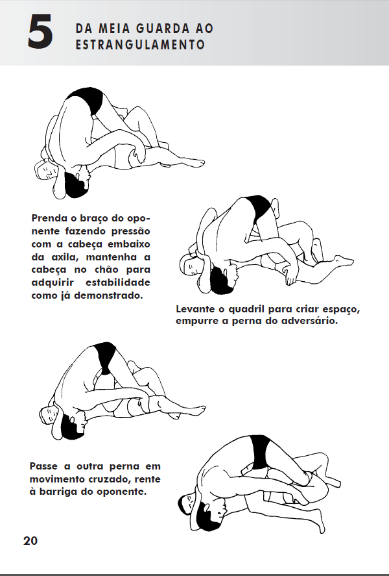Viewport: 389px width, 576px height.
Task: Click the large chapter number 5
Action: point(40,32)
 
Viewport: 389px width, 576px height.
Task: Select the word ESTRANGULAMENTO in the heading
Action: point(140,45)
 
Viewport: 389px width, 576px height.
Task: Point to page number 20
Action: point(30,541)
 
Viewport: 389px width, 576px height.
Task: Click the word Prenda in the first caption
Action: point(49,218)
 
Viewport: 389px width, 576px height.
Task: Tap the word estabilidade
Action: point(118,282)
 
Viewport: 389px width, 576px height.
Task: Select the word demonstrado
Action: point(108,295)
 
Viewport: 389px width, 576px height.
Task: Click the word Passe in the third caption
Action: point(43,466)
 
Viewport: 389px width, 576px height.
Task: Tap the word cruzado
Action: point(110,479)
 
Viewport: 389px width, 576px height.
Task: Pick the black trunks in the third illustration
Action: point(106,357)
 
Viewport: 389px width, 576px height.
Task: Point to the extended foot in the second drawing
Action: point(344,260)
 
